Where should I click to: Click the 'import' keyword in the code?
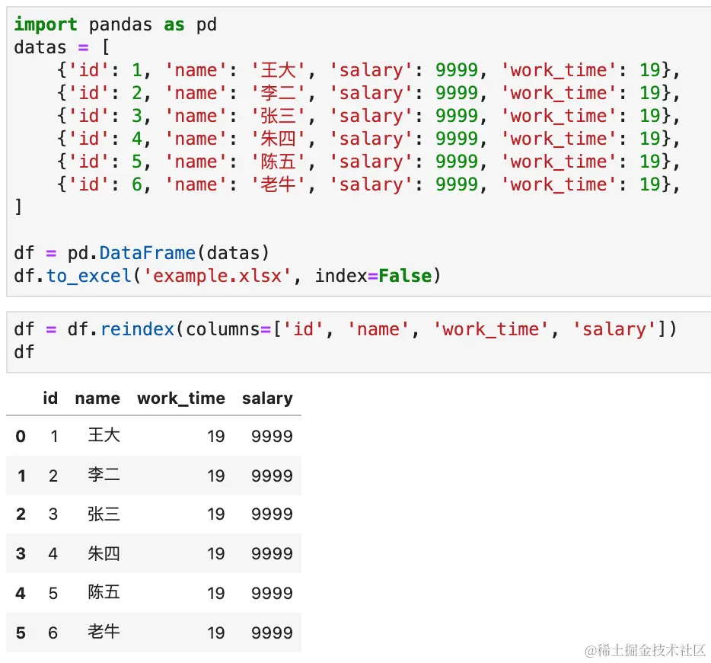pyautogui.click(x=46, y=24)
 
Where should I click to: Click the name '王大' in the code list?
pyautogui.click(x=278, y=70)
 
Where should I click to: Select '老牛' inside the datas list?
pyautogui.click(x=278, y=184)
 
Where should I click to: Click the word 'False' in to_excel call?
pyautogui.click(x=406, y=276)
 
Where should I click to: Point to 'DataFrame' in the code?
pyautogui.click(x=148, y=253)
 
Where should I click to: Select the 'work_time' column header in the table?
pyautogui.click(x=180, y=398)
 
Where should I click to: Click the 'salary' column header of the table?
pyautogui.click(x=267, y=398)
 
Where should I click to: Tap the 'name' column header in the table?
pyautogui.click(x=97, y=398)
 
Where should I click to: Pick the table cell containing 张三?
pyautogui.click(x=104, y=514)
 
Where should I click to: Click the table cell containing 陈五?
pyautogui.click(x=104, y=593)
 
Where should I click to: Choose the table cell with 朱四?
pyautogui.click(x=104, y=553)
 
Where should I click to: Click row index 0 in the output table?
pyautogui.click(x=21, y=436)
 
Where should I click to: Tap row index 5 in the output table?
pyautogui.click(x=21, y=633)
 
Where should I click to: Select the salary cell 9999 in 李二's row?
pyautogui.click(x=272, y=476)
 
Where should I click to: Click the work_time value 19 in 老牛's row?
pyautogui.click(x=216, y=633)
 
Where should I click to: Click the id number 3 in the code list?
pyautogui.click(x=137, y=116)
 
